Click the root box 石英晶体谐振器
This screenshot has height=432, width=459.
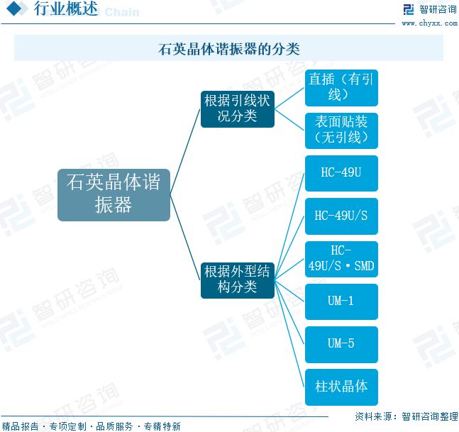point(114,194)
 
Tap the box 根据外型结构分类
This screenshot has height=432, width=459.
point(237,279)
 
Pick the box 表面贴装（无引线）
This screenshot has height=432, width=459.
point(341,131)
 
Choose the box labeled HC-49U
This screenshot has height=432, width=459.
point(341,173)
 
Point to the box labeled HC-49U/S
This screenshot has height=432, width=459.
point(341,216)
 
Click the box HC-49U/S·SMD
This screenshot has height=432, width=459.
point(341,259)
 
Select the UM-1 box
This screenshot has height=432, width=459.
point(341,301)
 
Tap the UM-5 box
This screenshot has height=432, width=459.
point(341,344)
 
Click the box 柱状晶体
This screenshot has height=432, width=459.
point(341,387)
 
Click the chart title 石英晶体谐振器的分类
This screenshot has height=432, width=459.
point(228,49)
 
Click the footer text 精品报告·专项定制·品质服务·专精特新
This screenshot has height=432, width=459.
point(92,426)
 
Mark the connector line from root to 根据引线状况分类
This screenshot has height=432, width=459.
point(186,146)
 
